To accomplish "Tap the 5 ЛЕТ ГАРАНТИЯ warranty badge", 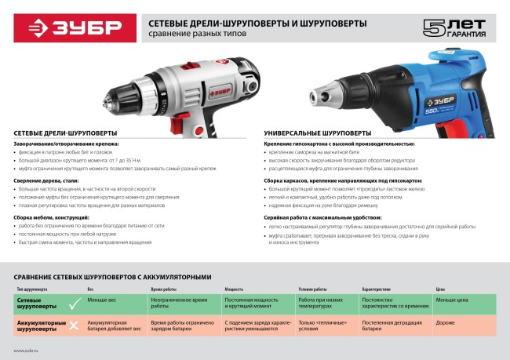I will click(x=453, y=29).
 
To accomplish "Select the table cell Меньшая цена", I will click(x=455, y=300).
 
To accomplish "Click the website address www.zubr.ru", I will click(x=27, y=351).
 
